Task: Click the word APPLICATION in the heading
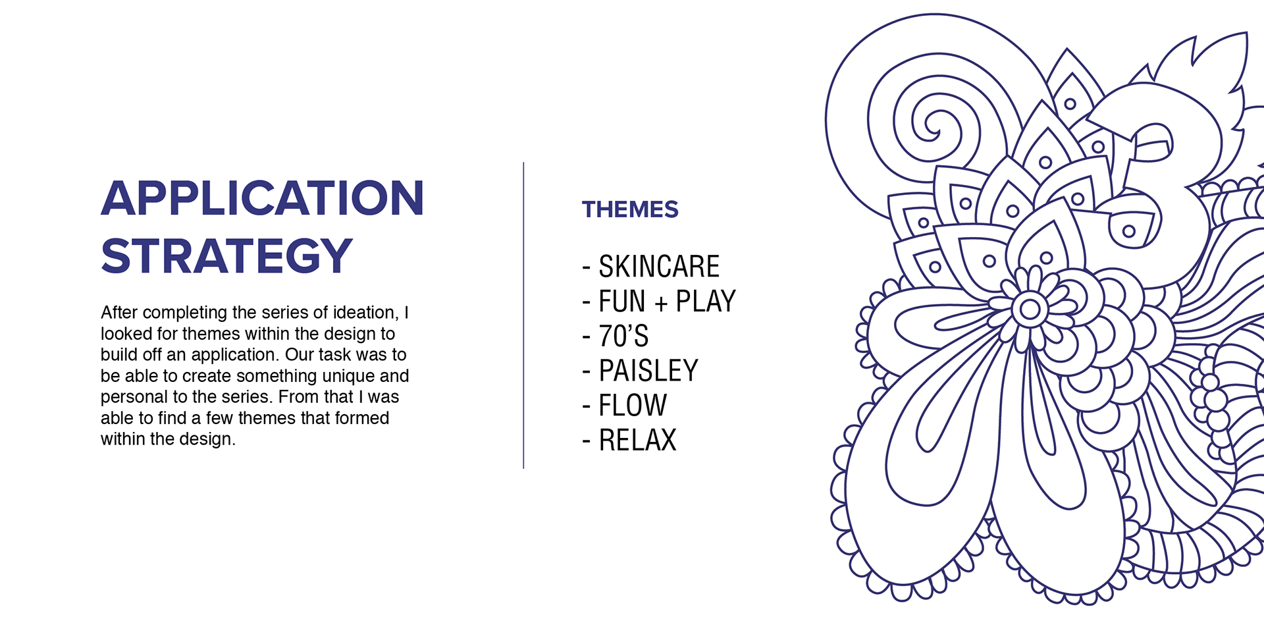tap(262, 198)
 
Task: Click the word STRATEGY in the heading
tap(227, 255)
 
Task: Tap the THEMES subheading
tap(630, 209)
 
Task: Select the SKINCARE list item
tap(659, 267)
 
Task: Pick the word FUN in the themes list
tap(622, 302)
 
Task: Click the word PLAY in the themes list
tap(706, 302)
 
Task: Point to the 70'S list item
tap(623, 336)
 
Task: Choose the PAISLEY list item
tap(648, 371)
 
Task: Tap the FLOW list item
tap(633, 406)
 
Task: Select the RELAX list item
tap(637, 440)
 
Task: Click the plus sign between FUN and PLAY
tap(661, 303)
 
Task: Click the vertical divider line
tap(523, 315)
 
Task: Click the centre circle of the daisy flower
tap(1030, 309)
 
